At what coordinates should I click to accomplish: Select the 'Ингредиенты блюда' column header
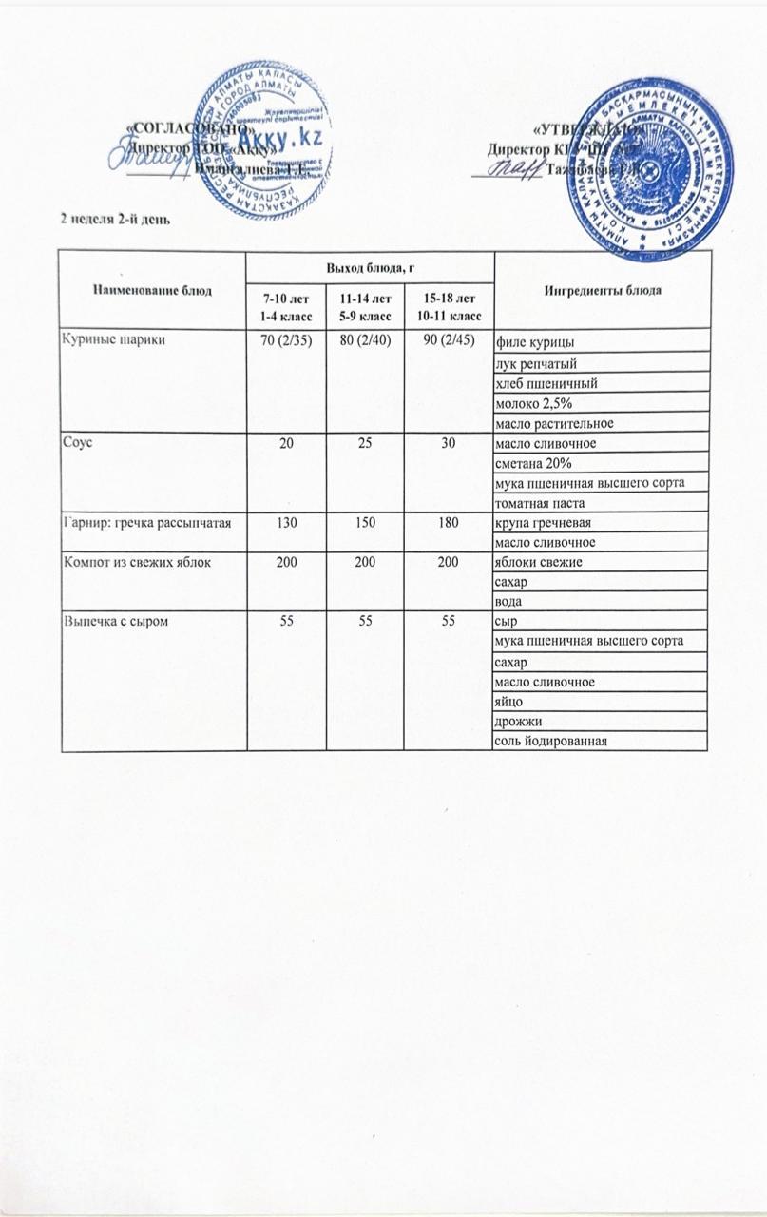click(x=603, y=288)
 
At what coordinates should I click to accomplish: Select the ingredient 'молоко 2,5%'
click(x=531, y=403)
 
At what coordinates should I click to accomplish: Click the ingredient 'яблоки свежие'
click(x=538, y=563)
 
